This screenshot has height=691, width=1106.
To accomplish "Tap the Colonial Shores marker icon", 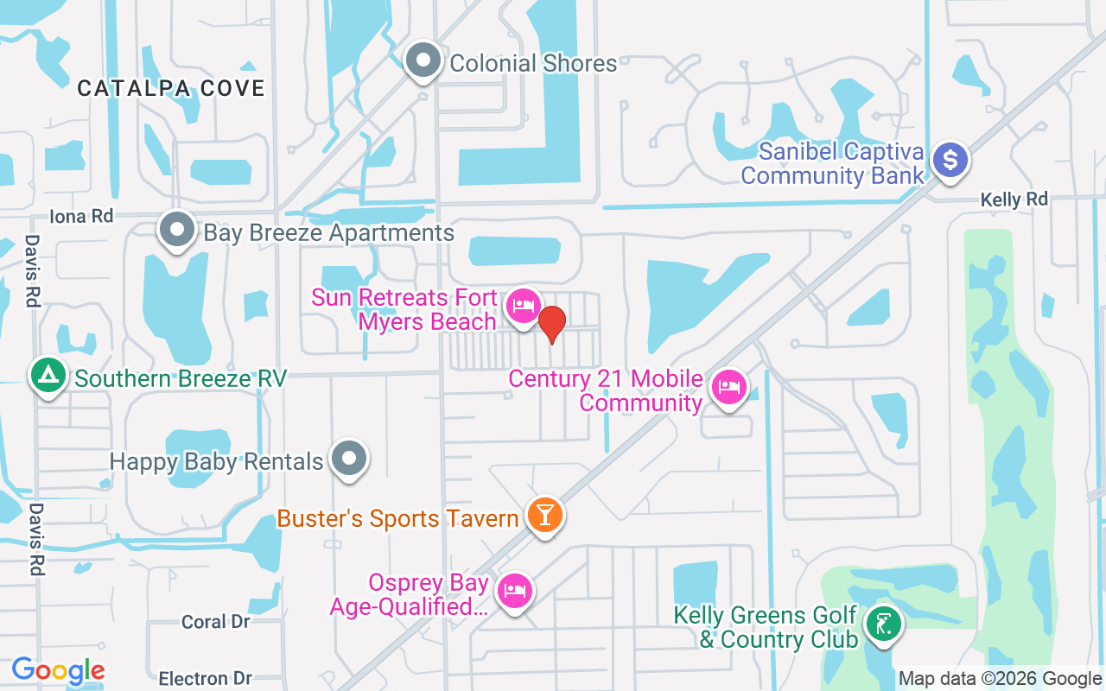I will [423, 61].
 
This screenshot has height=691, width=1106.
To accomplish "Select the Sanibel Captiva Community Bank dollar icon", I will [950, 160].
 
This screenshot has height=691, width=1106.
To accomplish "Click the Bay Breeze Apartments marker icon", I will [178, 231].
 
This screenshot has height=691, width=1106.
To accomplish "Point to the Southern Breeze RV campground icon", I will [49, 376].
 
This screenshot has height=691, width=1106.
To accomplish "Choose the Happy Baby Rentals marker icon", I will [350, 459].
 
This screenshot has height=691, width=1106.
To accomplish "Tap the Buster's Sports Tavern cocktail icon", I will [545, 515].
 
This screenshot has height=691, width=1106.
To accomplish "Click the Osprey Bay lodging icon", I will [516, 591].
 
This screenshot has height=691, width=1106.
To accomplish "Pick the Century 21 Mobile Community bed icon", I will [729, 387].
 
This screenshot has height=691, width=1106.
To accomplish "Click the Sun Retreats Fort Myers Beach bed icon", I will [523, 306].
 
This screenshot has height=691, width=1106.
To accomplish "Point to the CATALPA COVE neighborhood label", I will [170, 88].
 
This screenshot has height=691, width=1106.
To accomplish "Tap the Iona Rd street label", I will [81, 216].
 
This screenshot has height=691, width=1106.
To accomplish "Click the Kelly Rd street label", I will [1014, 200].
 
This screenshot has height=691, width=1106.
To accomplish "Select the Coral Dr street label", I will [216, 622].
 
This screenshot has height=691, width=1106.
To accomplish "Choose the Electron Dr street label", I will [206, 678].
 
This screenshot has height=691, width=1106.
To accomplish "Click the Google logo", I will [58, 670].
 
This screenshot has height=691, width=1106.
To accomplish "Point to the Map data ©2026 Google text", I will [1000, 679].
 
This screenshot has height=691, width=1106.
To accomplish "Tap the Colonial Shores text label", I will [533, 63].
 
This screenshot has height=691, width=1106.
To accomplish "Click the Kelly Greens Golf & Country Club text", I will [766, 627].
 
